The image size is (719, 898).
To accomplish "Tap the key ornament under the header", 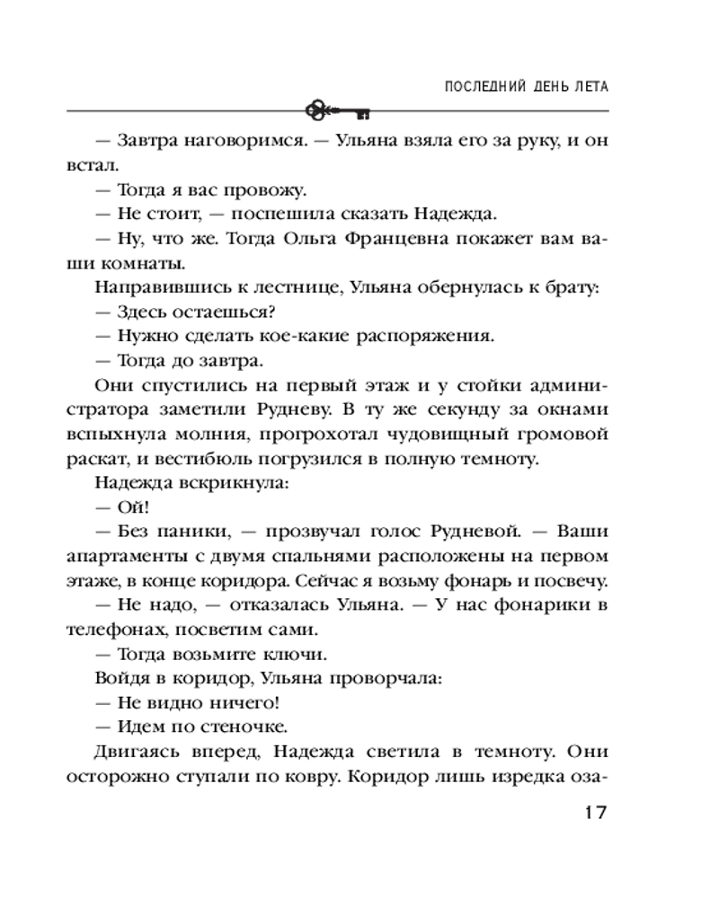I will [338, 111].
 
